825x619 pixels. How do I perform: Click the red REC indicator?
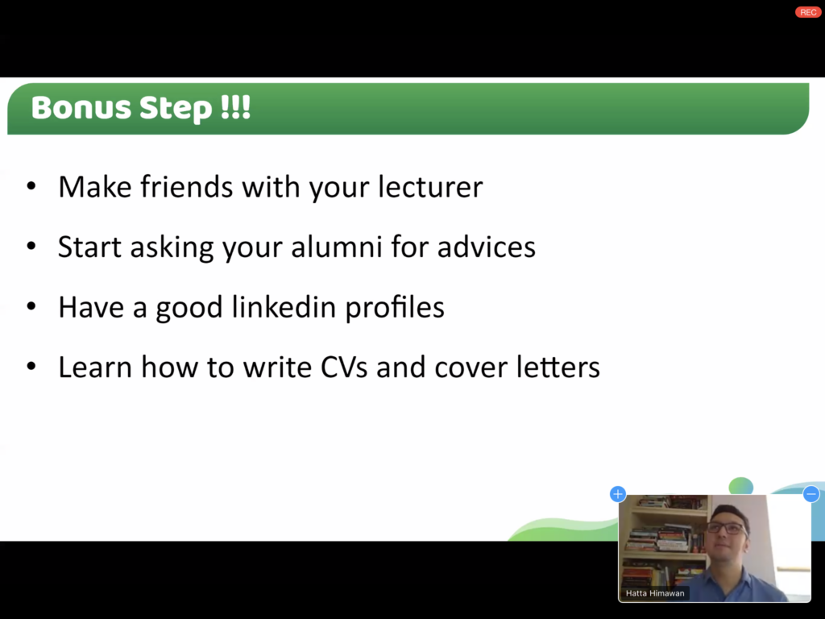tap(807, 12)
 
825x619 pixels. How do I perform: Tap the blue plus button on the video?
tap(618, 494)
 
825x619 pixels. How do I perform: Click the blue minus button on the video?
tap(810, 494)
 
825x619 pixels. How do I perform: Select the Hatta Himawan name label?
tap(655, 593)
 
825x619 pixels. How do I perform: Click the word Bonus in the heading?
tap(81, 107)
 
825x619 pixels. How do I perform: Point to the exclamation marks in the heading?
tap(235, 107)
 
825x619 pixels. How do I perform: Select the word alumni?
tap(337, 247)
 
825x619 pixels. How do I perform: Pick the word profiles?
tap(395, 308)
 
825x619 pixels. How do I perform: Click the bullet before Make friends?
tap(31, 186)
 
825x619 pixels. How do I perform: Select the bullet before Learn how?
tap(31, 367)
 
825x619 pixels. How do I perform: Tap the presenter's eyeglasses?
tap(728, 528)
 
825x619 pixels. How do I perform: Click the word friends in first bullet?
tap(186, 187)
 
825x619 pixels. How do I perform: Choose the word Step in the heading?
tap(176, 109)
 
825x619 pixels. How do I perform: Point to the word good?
tap(189, 309)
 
